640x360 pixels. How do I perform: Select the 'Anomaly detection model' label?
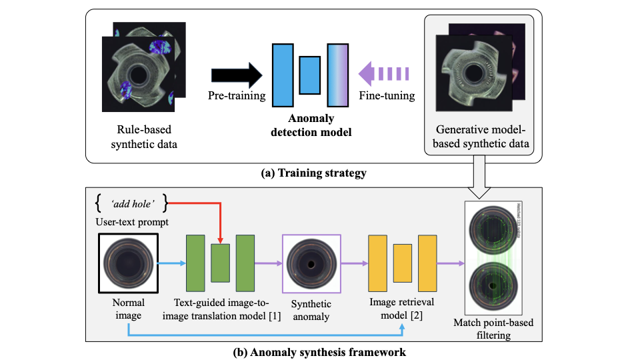pyautogui.click(x=311, y=125)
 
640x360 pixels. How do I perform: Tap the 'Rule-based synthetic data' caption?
pyautogui.click(x=141, y=135)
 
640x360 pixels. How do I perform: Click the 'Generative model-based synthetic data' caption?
pyautogui.click(x=479, y=135)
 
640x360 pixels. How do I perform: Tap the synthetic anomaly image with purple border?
pyautogui.click(x=311, y=264)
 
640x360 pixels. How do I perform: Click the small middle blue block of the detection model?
pyautogui.click(x=310, y=75)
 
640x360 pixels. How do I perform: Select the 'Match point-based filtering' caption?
pyautogui.click(x=493, y=329)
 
